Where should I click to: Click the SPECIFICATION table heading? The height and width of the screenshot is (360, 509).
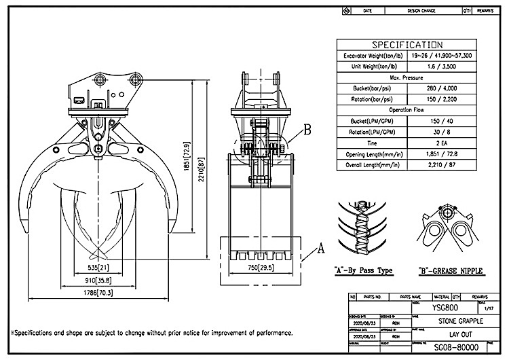point(408,45)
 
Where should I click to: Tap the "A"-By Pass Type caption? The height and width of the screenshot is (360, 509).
point(362,270)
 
